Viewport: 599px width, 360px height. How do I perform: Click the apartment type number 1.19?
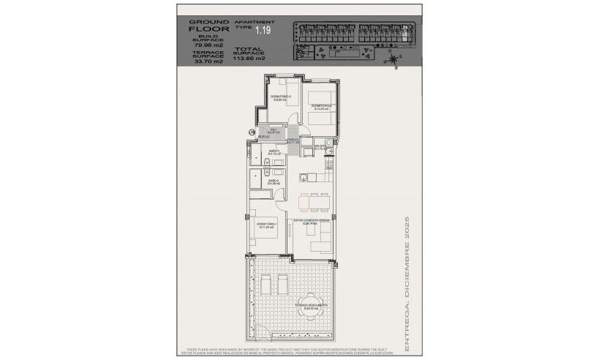coord(263,31)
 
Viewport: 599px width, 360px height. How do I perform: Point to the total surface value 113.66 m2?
coord(249,57)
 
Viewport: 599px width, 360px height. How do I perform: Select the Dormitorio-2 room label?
coord(322,106)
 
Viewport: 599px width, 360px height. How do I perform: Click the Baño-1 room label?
coord(274,153)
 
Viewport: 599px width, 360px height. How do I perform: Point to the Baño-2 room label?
coord(274,181)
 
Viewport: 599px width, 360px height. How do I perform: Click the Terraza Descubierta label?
coord(311,307)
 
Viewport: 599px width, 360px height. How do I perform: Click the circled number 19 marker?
coord(252,132)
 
